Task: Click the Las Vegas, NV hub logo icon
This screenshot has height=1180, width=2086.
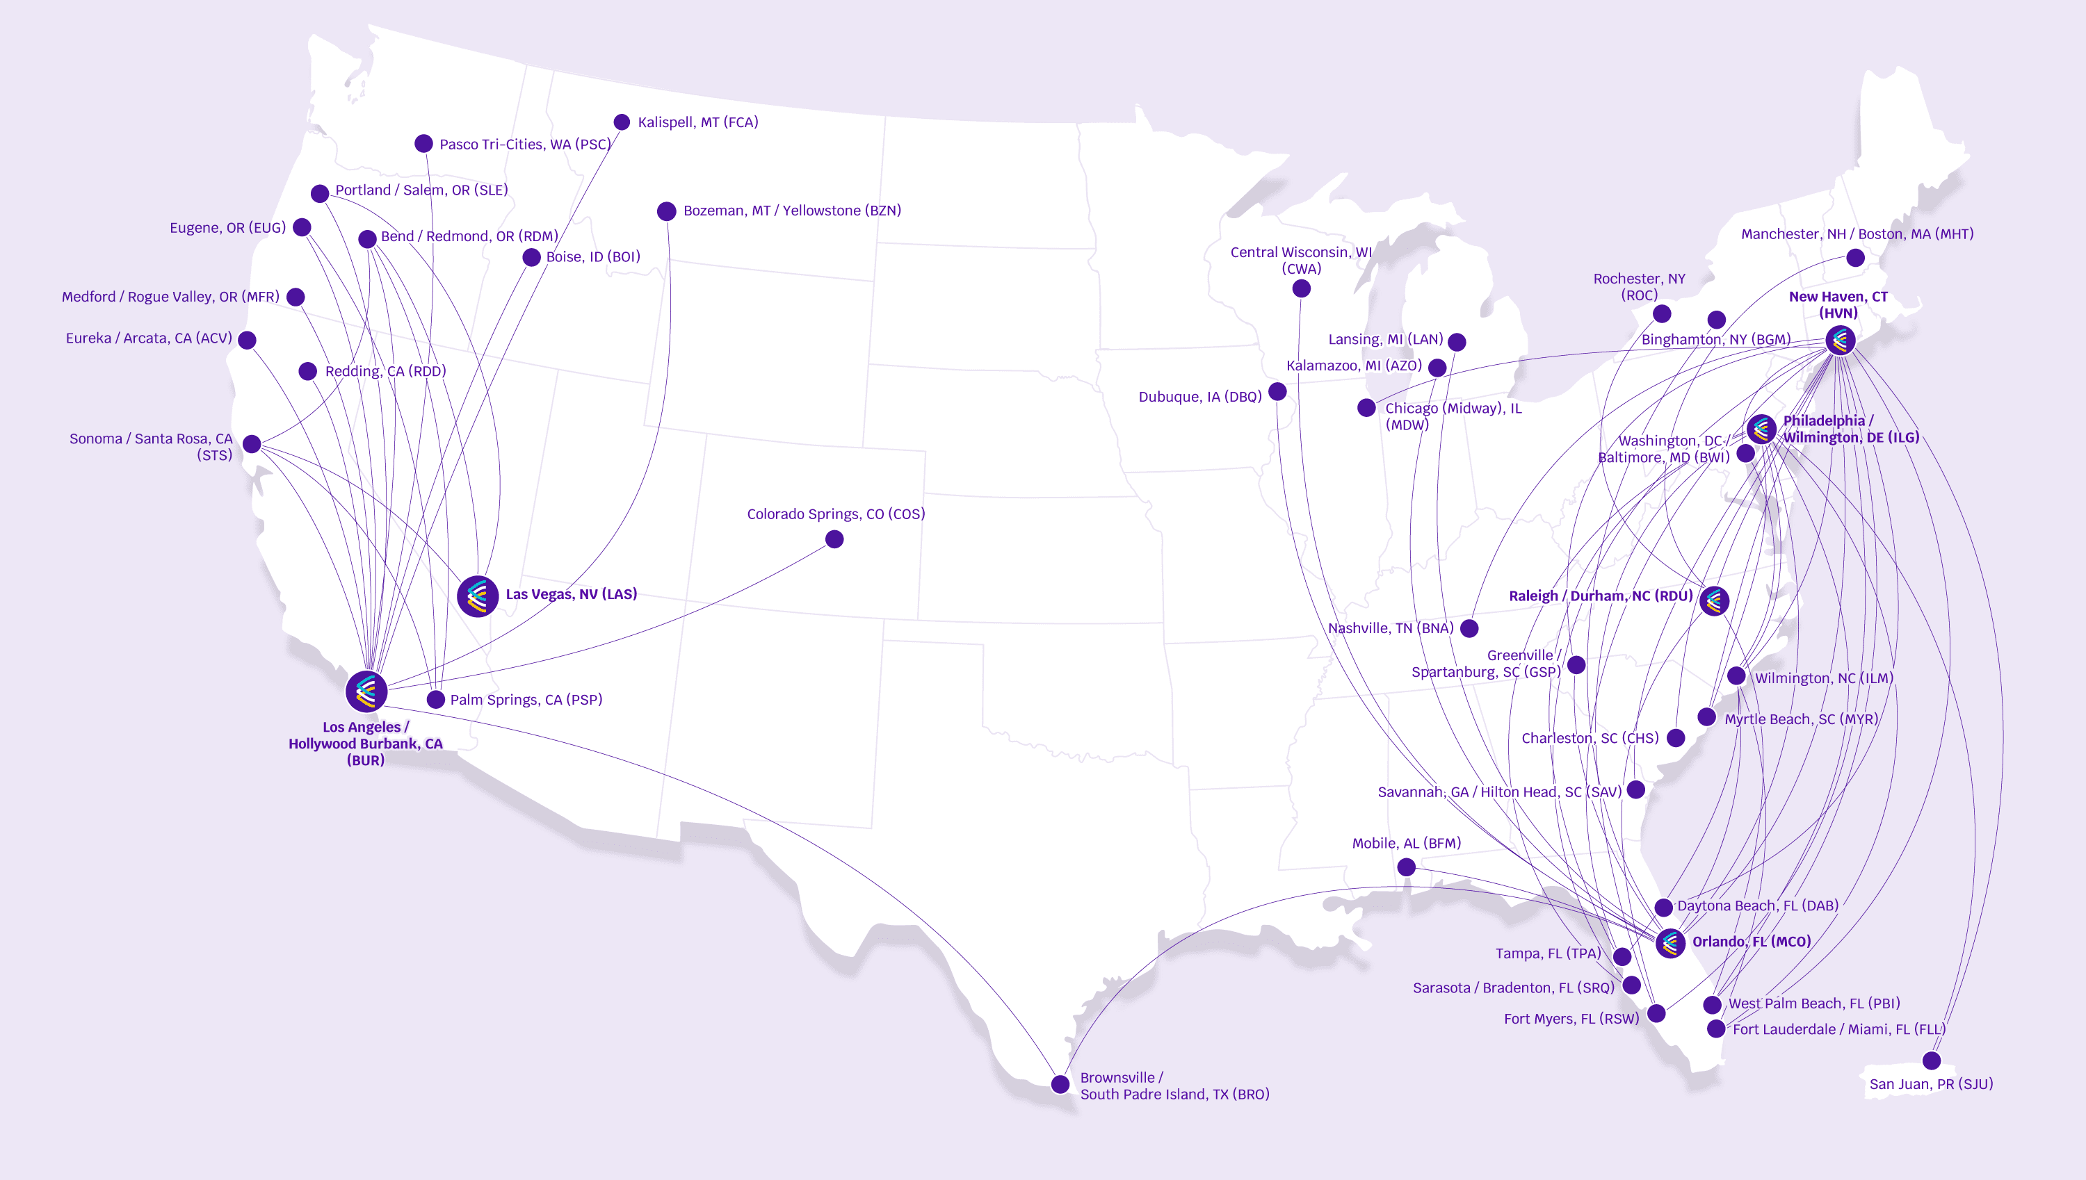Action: coord(478,596)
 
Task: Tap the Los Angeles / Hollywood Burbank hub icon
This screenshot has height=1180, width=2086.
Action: coord(366,691)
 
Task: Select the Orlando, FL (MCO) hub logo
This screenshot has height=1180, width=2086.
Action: coord(1670,942)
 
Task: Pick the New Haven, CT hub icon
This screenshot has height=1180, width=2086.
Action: coord(1841,340)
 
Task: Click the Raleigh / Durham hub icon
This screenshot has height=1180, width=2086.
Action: coord(1714,600)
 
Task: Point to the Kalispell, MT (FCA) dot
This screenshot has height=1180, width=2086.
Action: coord(622,122)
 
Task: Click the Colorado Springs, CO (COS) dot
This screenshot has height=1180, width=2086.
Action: coord(834,539)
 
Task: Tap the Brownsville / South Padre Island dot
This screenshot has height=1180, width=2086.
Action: coord(1060,1084)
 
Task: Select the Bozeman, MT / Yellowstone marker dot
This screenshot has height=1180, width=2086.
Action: coord(666,211)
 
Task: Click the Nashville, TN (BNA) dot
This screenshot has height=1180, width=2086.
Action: coord(1469,628)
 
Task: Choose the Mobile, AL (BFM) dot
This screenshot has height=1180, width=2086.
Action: coord(1407,867)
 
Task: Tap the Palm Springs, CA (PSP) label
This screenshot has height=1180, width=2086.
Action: coord(526,699)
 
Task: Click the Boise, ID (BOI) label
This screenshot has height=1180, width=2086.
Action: coord(592,257)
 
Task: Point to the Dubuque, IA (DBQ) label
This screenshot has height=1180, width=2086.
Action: coord(1200,396)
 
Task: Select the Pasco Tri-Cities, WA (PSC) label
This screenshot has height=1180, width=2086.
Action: coord(524,145)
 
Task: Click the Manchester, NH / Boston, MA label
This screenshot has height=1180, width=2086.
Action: coord(1857,234)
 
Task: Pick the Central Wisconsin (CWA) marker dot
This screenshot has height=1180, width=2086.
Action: coord(1301,288)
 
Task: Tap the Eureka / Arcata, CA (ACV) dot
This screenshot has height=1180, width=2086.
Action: coord(248,341)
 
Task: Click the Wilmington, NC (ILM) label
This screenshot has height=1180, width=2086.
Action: coord(1823,678)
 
